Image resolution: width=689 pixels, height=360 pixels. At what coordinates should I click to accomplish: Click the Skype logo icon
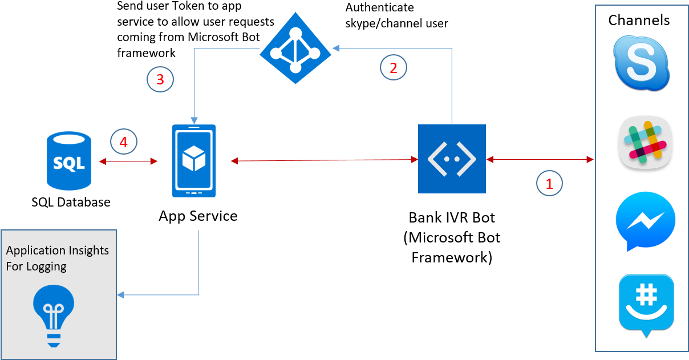pyautogui.click(x=642, y=63)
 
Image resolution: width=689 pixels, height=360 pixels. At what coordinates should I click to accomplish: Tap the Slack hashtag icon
pyautogui.click(x=645, y=142)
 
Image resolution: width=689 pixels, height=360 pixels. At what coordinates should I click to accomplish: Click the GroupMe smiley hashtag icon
pyautogui.click(x=646, y=304)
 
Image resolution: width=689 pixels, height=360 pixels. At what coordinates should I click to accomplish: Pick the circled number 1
pyautogui.click(x=549, y=184)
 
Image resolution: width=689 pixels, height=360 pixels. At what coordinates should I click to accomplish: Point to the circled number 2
pyautogui.click(x=393, y=68)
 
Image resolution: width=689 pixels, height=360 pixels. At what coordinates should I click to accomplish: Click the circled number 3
pyautogui.click(x=160, y=79)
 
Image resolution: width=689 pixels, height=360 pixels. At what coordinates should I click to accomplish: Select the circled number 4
pyautogui.click(x=124, y=141)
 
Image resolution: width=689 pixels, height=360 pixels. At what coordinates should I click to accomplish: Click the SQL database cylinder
pyautogui.click(x=68, y=161)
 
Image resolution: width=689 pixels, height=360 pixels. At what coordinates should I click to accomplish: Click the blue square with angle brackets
pyautogui.click(x=452, y=159)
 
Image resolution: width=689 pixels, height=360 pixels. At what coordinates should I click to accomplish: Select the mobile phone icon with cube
pyautogui.click(x=194, y=161)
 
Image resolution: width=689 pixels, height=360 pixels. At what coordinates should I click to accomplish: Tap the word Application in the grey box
pyautogui.click(x=35, y=250)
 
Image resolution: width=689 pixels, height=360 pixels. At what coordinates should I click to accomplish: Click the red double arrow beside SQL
pyautogui.click(x=128, y=161)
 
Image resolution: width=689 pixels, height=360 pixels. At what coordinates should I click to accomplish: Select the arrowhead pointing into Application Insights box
pyautogui.click(x=120, y=295)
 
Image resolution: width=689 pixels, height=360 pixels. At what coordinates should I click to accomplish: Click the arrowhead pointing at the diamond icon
pyautogui.click(x=337, y=48)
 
